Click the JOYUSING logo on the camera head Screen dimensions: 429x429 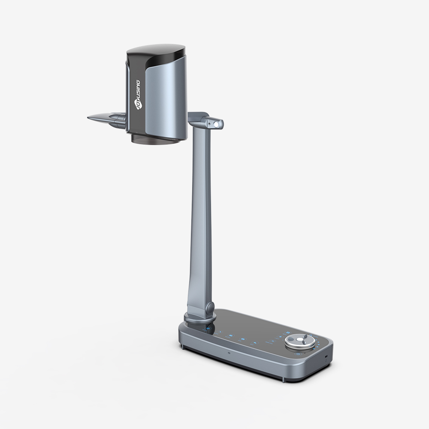click(x=138, y=94)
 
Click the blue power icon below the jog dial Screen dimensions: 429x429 click(x=296, y=354)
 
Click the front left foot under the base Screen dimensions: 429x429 click(x=183, y=346)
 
